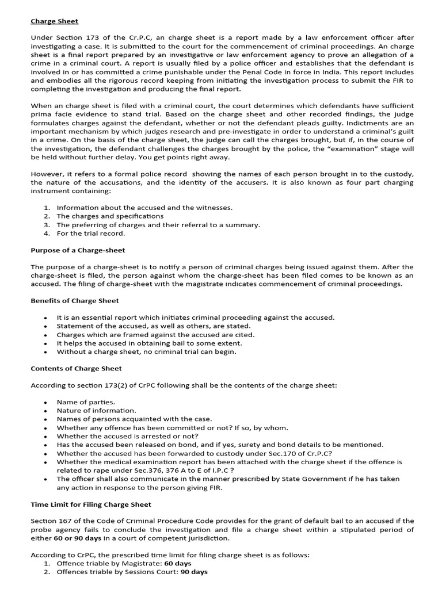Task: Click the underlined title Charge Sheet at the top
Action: pyautogui.click(x=54, y=21)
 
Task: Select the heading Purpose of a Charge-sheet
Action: pyautogui.click(x=78, y=250)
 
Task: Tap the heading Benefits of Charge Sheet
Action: pyautogui.click(x=75, y=301)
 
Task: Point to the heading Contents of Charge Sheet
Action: pyautogui.click(x=76, y=368)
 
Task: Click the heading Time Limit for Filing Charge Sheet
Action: pyautogui.click(x=91, y=504)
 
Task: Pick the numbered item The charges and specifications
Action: pyautogui.click(x=110, y=216)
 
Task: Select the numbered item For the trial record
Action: pyautogui.click(x=90, y=234)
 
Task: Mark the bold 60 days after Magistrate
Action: pyautogui.click(x=178, y=564)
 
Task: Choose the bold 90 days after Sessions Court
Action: pyautogui.click(x=194, y=572)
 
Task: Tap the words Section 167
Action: pyautogui.click(x=51, y=521)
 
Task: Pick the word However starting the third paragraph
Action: pyautogui.click(x=47, y=174)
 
